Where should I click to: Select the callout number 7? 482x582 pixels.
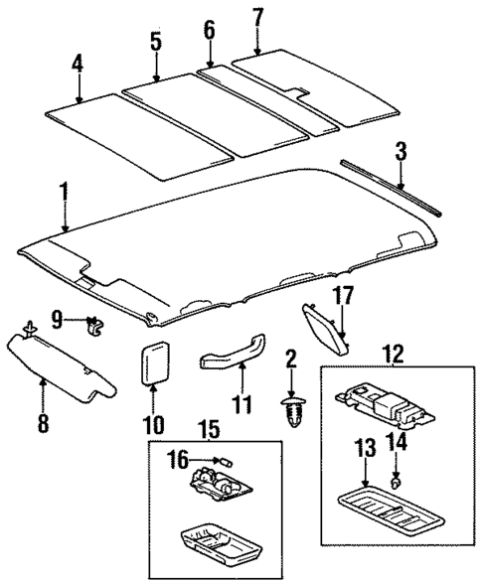coord(257,17)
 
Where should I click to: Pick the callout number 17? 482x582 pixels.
coord(343,295)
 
